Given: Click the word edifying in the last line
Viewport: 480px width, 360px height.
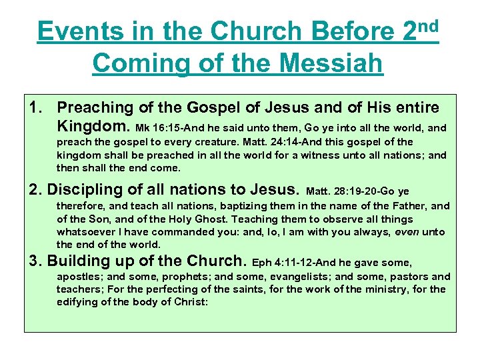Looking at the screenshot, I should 77,302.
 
